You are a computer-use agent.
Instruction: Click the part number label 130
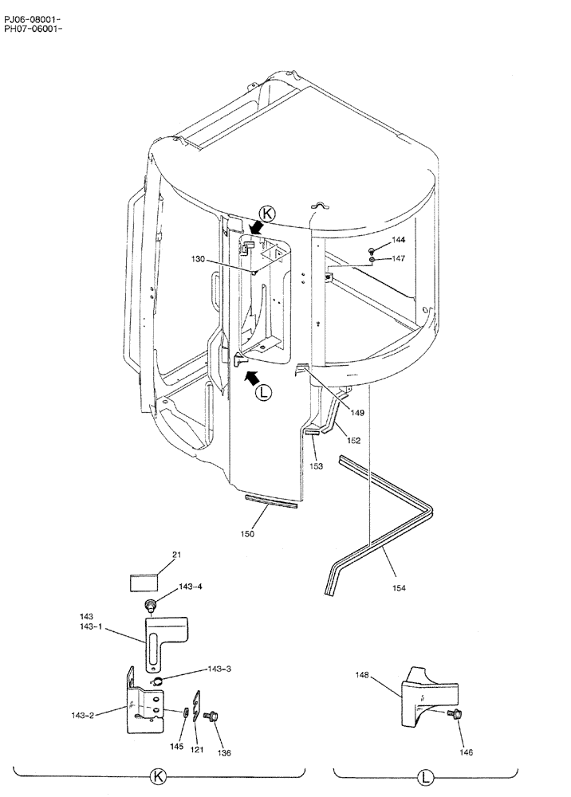pos(199,258)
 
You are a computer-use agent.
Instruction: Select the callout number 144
pos(397,240)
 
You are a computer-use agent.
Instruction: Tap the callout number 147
pos(397,258)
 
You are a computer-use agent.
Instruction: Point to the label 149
pos(357,413)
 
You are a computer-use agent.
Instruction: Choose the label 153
pos(317,466)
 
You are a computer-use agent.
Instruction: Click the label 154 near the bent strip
pos(399,587)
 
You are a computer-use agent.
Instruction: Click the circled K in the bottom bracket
pos(159,775)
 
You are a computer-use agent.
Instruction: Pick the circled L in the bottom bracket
pos(425,775)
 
